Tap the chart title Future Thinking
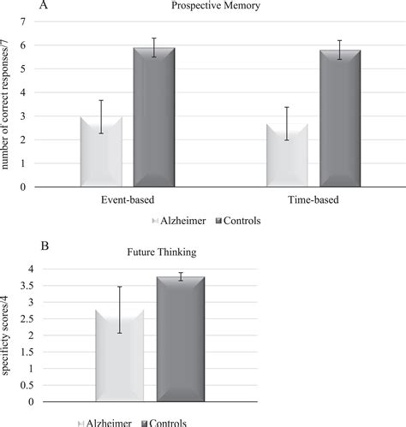(x=154, y=253)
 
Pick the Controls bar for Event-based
(x=155, y=116)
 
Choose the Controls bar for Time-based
(x=341, y=118)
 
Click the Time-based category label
(x=313, y=201)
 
